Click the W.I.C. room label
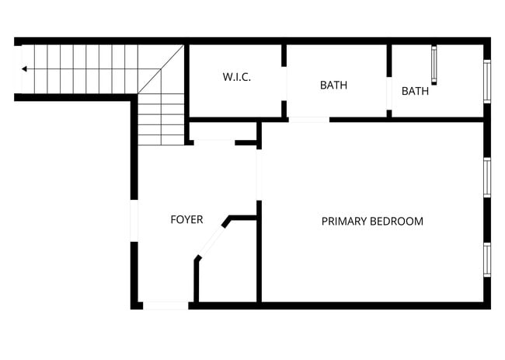coord(236,77)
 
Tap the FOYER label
coord(186,220)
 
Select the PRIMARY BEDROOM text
coord(372,222)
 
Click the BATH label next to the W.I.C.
coord(333,86)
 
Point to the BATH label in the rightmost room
coord(415,91)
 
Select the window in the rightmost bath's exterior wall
coord(487,81)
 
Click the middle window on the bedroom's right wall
coord(487,179)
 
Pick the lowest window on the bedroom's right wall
coord(487,259)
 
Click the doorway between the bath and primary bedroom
coord(308,120)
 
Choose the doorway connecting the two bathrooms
coord(388,93)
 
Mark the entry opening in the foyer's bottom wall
coord(166,306)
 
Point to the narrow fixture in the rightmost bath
coord(434,66)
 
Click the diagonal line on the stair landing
coord(161,70)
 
